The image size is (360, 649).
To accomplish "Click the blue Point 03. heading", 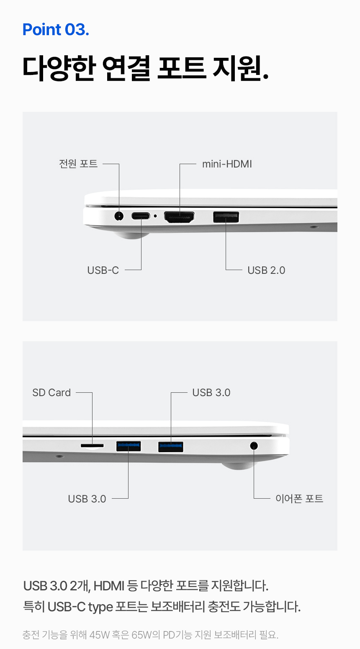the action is click(56, 30).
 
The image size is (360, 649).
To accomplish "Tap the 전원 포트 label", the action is click(78, 164).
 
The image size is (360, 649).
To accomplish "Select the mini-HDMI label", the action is click(227, 164).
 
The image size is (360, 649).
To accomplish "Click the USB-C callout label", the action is click(103, 270).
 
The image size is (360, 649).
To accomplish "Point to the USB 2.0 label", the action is click(266, 270).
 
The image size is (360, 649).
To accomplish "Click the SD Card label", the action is click(51, 392).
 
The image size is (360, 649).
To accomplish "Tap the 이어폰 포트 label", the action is click(299, 498).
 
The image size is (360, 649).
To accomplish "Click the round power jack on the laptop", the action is click(119, 216).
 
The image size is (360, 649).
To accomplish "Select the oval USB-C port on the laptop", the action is click(141, 216).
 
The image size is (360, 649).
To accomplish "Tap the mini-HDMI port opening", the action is click(179, 217).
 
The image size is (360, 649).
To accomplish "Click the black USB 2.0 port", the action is click(226, 217).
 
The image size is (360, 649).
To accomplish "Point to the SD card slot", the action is click(92, 446).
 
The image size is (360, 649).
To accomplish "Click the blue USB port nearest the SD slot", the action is click(129, 446).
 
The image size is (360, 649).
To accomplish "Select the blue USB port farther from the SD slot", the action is click(171, 447).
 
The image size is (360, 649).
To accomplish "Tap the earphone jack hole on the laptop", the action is click(254, 446).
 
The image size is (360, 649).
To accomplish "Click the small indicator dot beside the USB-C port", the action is click(155, 216).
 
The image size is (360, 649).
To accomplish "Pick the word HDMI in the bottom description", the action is click(109, 585).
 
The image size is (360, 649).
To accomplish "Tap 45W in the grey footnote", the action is click(99, 635).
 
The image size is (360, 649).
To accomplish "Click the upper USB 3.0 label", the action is click(211, 392).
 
